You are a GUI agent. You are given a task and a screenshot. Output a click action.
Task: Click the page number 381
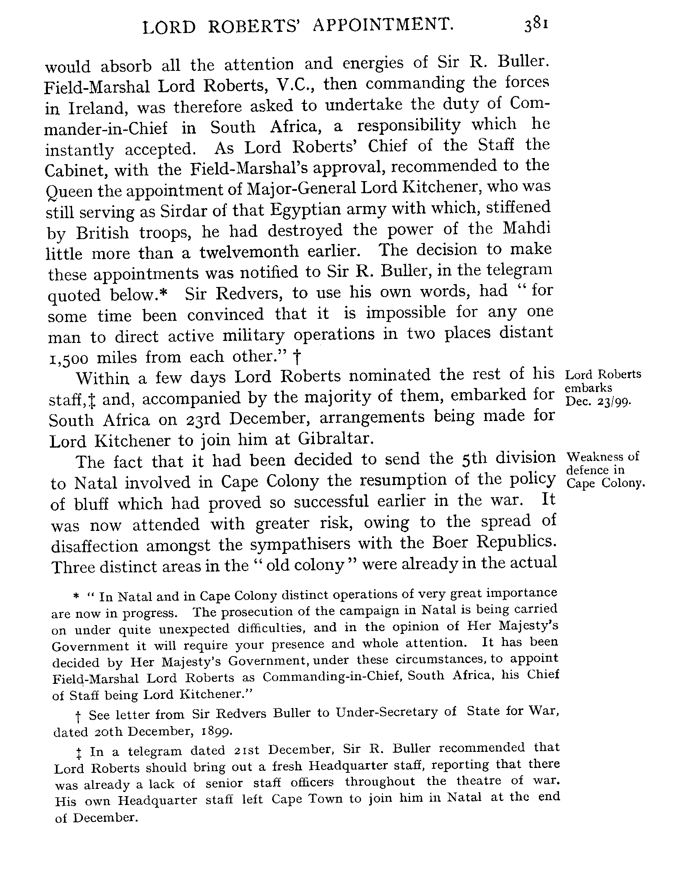point(536,25)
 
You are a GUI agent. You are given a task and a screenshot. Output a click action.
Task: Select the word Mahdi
point(526,229)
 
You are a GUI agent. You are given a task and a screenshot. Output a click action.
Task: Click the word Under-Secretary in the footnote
point(386,713)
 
